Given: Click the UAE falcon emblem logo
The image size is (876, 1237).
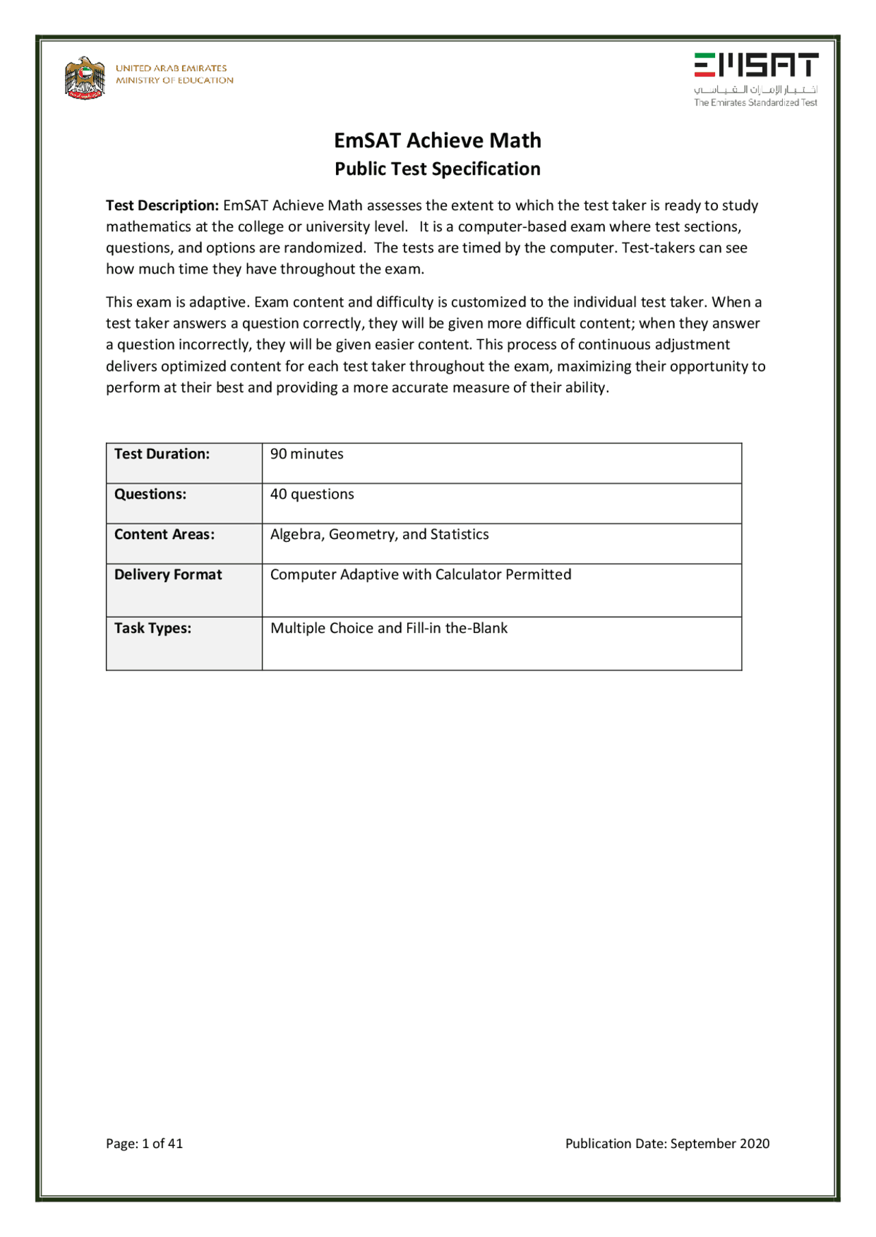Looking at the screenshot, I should [85, 78].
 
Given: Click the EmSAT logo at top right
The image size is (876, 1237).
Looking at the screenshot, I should [756, 65].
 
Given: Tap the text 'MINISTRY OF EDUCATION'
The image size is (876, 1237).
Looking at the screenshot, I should [175, 81].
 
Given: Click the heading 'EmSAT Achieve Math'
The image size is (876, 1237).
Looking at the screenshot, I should [437, 140].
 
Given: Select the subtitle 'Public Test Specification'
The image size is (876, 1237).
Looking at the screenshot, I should [437, 169].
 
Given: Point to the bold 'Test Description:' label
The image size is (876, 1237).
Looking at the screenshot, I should [162, 205].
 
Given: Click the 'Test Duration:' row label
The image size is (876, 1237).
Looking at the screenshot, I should [162, 454].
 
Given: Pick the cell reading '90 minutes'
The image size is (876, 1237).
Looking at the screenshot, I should [307, 454].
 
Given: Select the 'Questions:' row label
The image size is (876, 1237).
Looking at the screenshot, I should [150, 494].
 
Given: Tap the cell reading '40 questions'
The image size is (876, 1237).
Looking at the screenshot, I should [312, 494].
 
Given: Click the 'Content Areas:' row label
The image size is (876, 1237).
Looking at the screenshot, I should [164, 534].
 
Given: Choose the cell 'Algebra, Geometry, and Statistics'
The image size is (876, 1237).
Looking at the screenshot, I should [379, 534].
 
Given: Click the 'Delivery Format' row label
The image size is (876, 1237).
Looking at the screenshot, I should [168, 575].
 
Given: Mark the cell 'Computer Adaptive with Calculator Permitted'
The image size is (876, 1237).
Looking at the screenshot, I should [420, 575].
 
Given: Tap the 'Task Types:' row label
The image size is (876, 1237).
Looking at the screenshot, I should [153, 628].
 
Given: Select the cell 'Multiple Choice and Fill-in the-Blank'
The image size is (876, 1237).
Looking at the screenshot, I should [389, 628].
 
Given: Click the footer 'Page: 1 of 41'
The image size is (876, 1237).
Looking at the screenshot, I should [144, 1143].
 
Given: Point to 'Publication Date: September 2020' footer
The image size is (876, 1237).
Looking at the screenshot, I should [667, 1143].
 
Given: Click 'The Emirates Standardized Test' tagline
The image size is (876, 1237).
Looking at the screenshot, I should [756, 103].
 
